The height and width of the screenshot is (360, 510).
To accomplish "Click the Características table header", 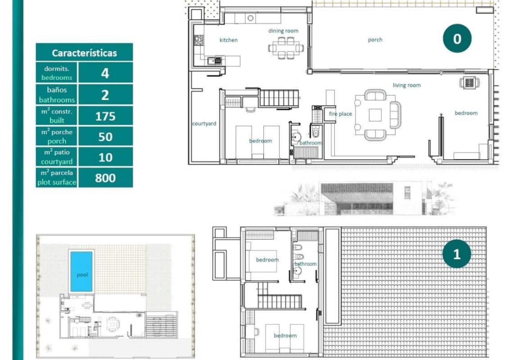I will coord(84,53).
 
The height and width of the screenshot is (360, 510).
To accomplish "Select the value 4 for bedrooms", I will coord(105,73).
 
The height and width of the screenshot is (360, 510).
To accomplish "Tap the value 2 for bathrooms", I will coord(105,94).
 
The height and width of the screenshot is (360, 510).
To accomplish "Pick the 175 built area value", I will coord(105,116).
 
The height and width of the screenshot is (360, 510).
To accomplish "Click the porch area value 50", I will coord(105,136).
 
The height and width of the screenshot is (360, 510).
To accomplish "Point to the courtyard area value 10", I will coord(105,157).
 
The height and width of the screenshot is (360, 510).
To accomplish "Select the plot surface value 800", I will coord(105,178).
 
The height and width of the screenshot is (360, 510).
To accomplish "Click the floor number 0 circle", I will coord(457,39).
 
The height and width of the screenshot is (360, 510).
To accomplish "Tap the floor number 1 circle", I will coord(456,254).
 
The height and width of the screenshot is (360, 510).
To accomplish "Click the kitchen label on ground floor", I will coord(228,40).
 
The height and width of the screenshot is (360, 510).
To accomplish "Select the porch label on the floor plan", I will coord(375,40).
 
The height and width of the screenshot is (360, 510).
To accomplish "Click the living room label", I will coord(406,85).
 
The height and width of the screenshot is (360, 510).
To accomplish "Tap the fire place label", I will coord(340,114).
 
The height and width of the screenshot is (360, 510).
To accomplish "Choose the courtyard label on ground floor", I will coord(204,123).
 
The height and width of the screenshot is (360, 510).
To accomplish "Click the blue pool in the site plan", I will coord(81,271).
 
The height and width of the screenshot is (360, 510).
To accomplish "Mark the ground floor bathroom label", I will coord(311,143).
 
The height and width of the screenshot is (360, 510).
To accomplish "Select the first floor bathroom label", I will coord(305,264).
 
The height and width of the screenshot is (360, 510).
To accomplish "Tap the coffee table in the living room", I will coord(375,115).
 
